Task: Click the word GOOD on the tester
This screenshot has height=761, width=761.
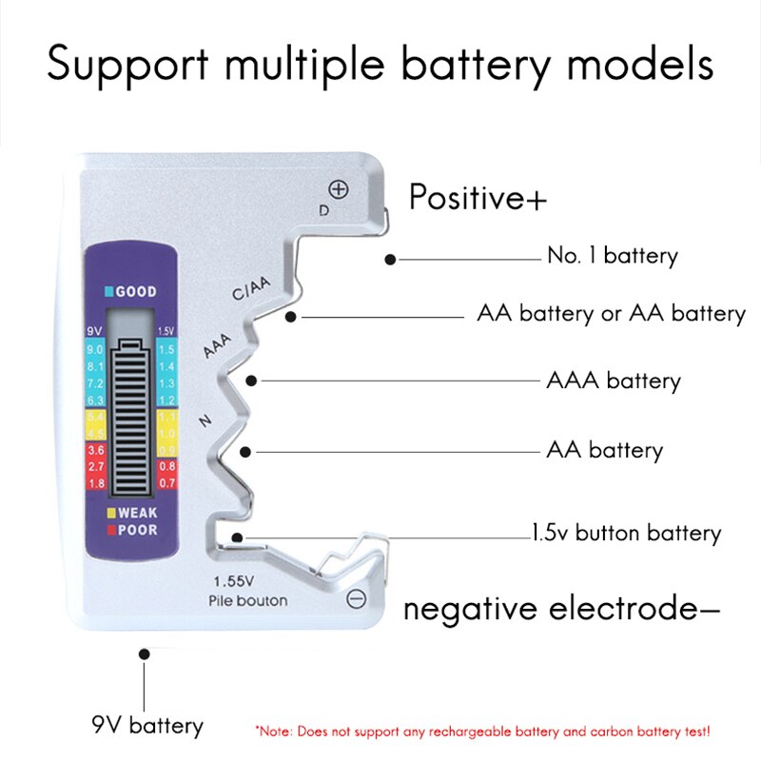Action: pos(136,291)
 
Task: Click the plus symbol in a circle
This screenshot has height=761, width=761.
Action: pos(339,188)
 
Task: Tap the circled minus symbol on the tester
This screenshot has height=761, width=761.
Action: pos(356,598)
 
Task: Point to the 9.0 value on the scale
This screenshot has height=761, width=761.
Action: pos(96,350)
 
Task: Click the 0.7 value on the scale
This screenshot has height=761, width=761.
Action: pos(166,482)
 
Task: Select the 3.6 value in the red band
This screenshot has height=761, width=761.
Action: pos(96,450)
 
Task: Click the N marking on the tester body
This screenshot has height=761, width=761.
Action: pos(205,420)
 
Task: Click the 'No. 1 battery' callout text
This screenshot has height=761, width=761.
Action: pos(612,256)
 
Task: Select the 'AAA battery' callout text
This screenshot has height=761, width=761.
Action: pos(613,381)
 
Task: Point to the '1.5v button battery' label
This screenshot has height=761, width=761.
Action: pos(626,533)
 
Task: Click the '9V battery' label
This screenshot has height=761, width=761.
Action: pos(147,727)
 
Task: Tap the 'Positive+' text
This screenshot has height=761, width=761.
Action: pos(478,198)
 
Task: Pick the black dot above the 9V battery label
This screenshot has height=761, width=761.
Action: pos(145,654)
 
